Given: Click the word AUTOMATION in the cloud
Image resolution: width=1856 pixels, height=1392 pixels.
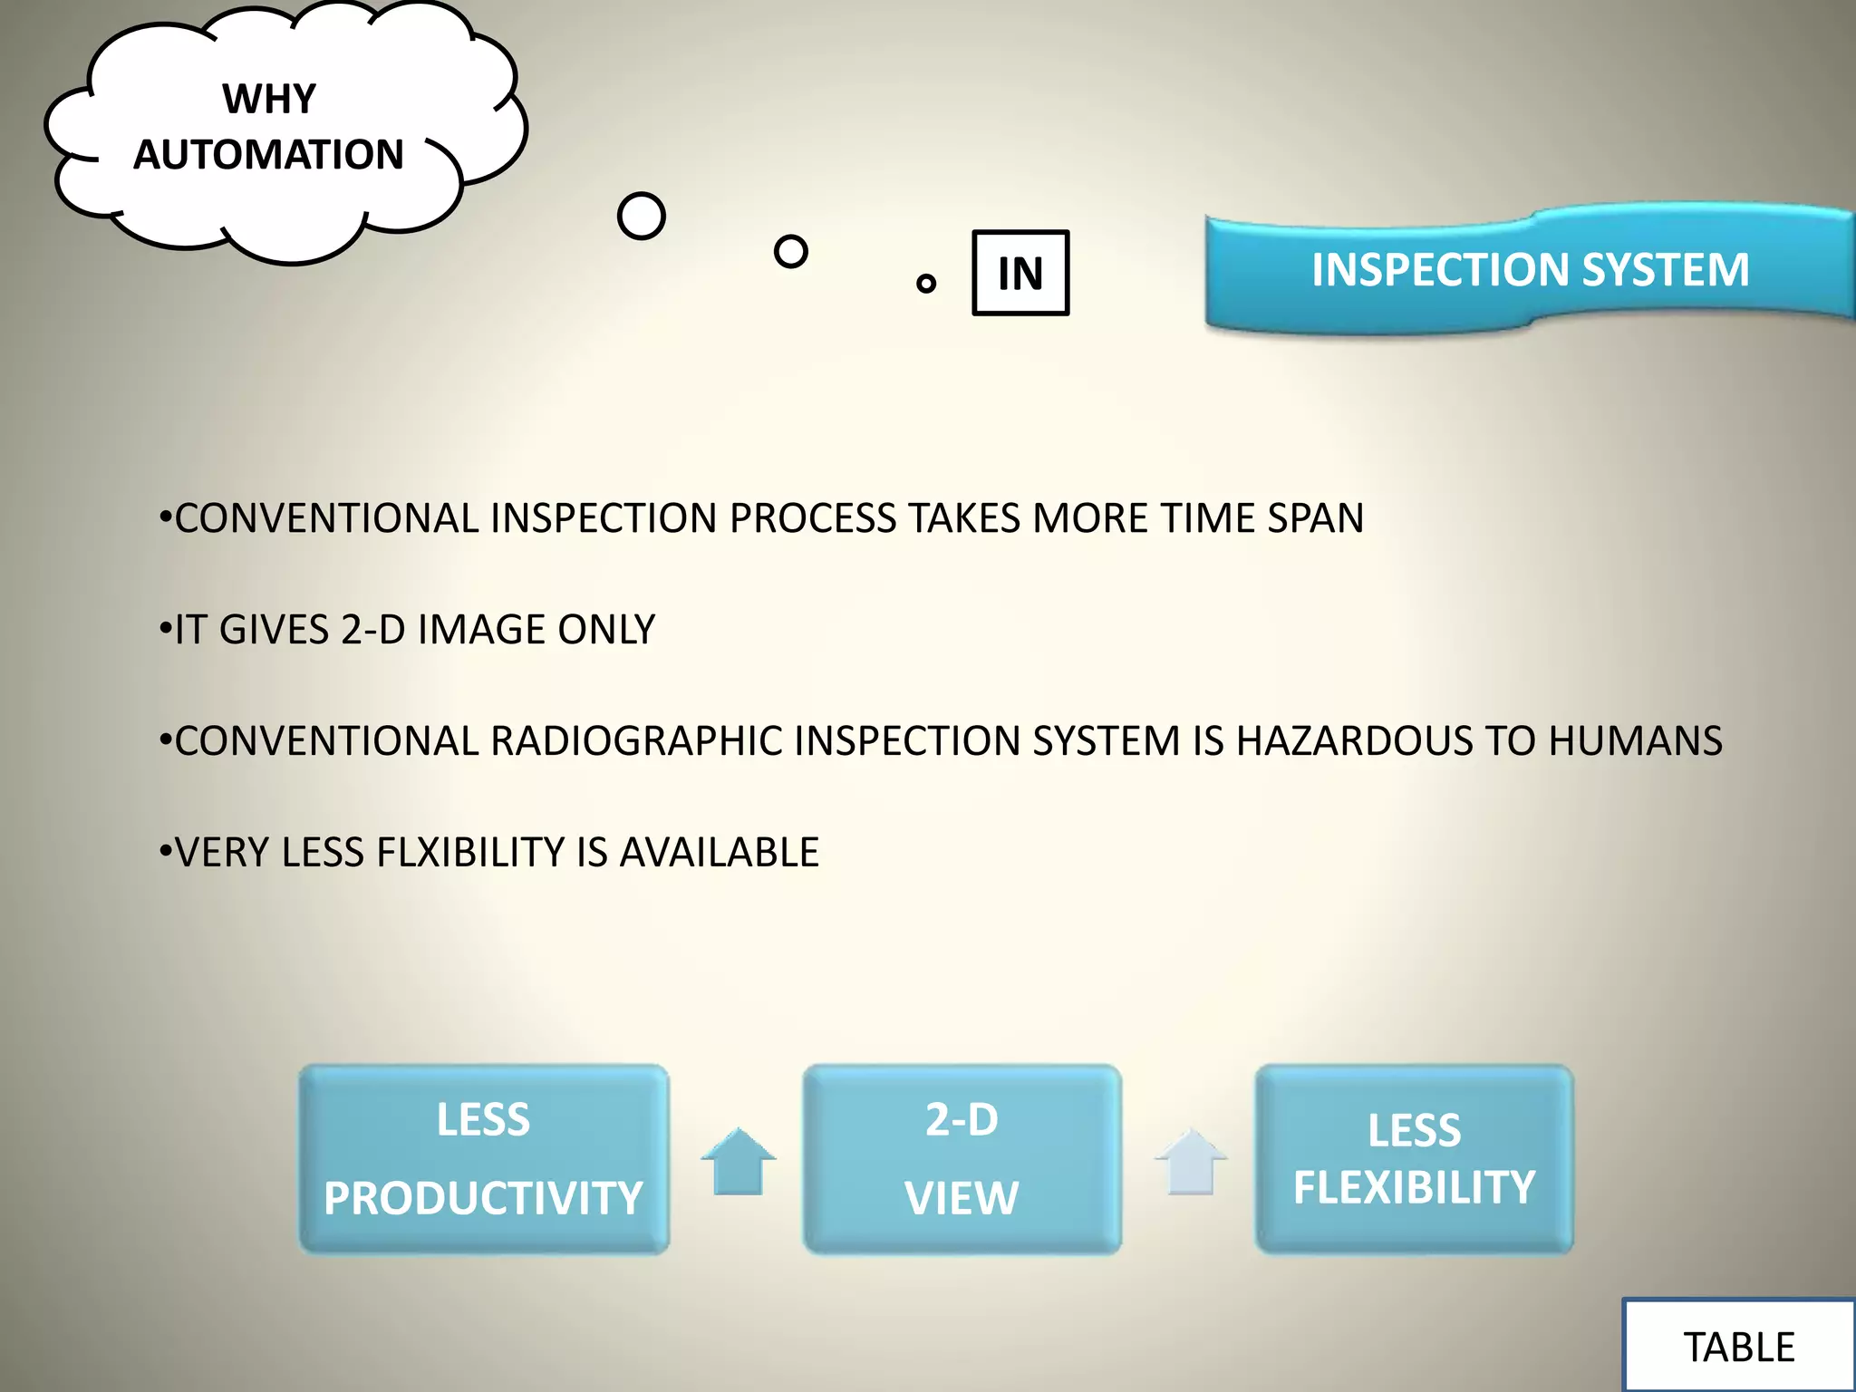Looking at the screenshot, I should click(268, 155).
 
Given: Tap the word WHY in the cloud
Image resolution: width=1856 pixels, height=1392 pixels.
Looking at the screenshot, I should click(269, 99).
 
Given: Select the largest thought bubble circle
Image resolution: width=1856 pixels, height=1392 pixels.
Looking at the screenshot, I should click(641, 217).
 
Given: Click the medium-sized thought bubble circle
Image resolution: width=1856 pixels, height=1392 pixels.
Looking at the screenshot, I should click(790, 251).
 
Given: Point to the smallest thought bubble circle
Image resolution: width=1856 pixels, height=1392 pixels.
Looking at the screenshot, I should click(925, 284).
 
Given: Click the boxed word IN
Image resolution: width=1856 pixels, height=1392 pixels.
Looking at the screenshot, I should click(1020, 273).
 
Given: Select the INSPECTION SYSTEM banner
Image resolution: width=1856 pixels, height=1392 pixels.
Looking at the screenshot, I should click(1530, 270).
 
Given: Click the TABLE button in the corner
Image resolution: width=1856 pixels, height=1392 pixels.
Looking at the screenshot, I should click(1738, 1347).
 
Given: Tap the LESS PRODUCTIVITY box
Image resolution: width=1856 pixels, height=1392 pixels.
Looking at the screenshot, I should click(484, 1159).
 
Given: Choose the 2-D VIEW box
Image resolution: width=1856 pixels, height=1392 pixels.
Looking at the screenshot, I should click(962, 1159).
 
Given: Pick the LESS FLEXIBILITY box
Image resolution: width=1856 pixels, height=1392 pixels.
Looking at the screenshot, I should click(1414, 1159).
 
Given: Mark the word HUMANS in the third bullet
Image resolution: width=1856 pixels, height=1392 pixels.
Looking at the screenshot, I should click(1635, 741).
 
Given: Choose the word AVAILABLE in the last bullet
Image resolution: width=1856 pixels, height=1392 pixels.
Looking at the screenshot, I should click(719, 853).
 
